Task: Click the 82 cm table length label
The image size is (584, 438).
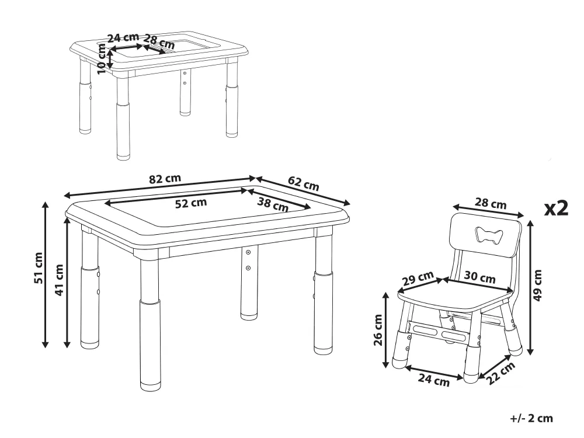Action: tap(165, 179)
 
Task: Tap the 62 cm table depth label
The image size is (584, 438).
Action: tap(304, 183)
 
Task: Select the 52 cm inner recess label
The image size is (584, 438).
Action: tap(191, 203)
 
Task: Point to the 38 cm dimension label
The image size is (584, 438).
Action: tap(273, 204)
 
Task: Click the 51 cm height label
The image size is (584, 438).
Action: tap(39, 268)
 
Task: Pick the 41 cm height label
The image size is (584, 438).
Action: tap(60, 280)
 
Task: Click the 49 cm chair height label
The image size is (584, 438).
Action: tap(538, 286)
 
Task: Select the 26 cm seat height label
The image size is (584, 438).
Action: tap(378, 330)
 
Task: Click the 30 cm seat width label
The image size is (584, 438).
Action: tap(479, 277)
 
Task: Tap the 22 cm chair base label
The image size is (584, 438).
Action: tap(501, 373)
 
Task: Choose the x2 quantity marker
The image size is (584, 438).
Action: tap(557, 208)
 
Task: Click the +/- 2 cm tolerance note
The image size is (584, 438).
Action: tap(531, 418)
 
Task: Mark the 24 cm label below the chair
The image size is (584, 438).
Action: tap(433, 380)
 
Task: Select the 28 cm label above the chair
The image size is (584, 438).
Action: tap(491, 203)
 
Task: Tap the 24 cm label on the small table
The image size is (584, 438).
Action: tap(123, 37)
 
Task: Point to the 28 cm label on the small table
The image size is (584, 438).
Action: tap(159, 41)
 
